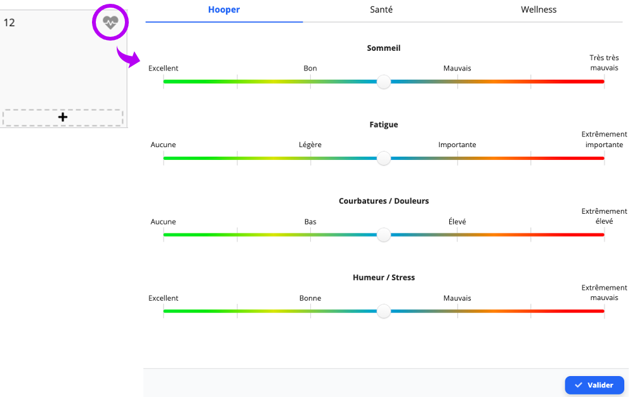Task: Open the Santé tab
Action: (381, 10)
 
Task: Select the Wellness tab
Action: (539, 10)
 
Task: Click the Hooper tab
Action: (224, 10)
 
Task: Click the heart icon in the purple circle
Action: (110, 22)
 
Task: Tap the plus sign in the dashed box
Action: (63, 117)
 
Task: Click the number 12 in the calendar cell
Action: (10, 22)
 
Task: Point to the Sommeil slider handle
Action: (384, 82)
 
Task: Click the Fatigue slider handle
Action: (384, 158)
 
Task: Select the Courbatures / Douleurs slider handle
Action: (384, 235)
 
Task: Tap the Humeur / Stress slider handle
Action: (384, 311)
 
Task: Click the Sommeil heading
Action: (384, 48)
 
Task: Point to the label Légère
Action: (310, 145)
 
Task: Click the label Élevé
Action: (457, 221)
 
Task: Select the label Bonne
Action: (310, 298)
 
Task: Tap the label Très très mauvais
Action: (604, 63)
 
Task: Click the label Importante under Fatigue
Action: (457, 145)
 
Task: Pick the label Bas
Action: (310, 221)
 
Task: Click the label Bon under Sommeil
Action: (310, 68)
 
